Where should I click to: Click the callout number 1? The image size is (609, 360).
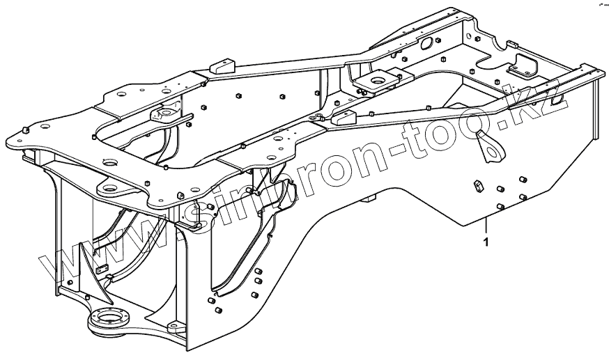pyautogui.click(x=486, y=242)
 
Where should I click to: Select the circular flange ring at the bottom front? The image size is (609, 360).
pyautogui.click(x=109, y=321)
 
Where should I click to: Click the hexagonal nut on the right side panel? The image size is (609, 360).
pyautogui.click(x=478, y=185)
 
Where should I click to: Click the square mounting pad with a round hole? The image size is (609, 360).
pyautogui.click(x=377, y=81)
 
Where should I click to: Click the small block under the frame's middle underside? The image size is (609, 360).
pyautogui.click(x=368, y=199)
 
